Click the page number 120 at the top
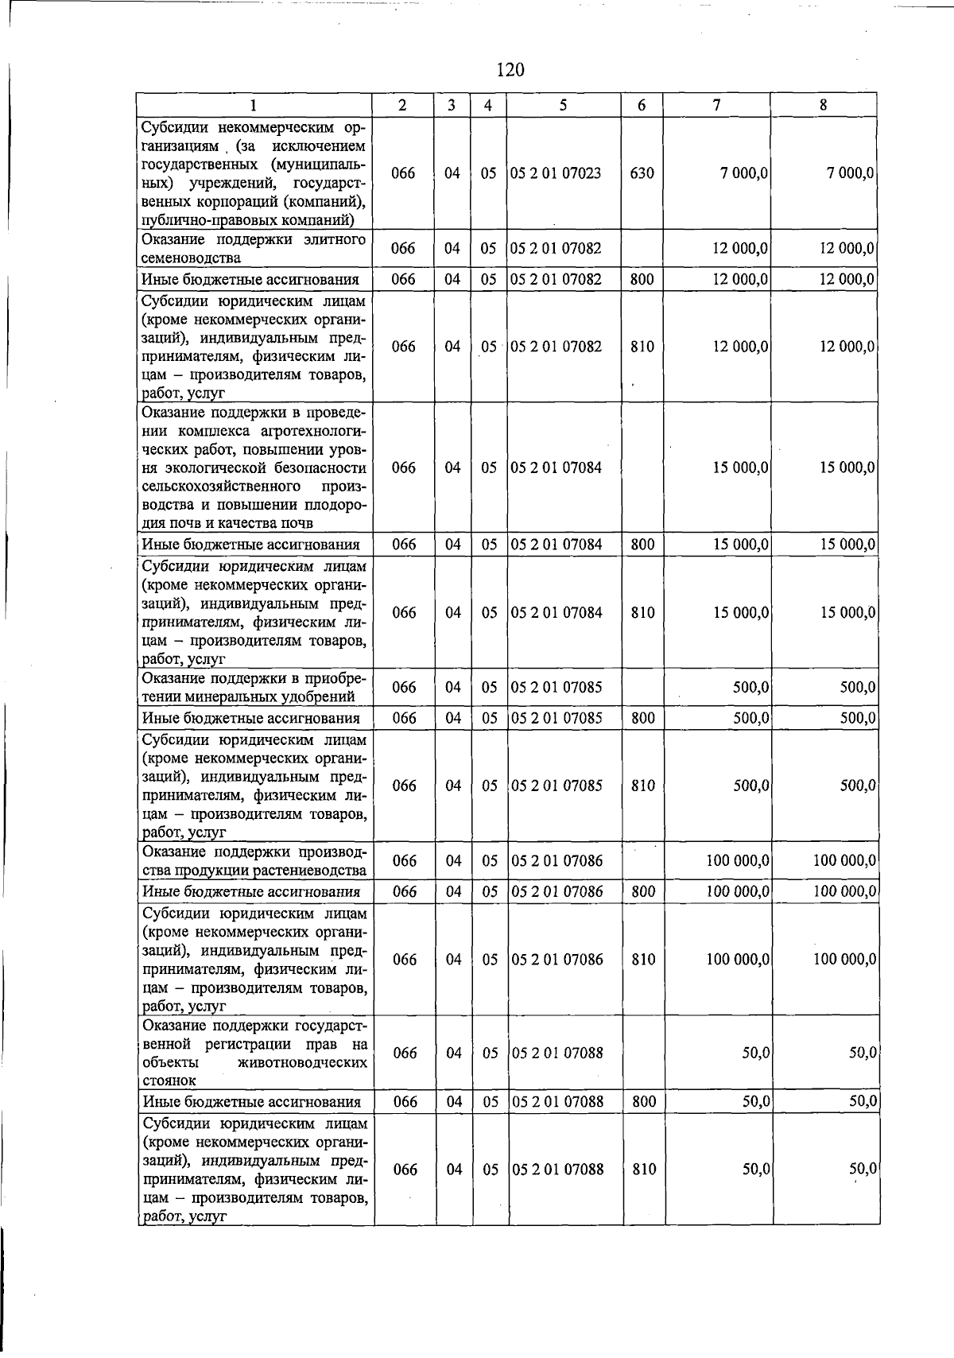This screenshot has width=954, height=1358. point(510,70)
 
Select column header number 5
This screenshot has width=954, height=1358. point(563,105)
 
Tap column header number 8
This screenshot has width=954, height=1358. point(824,105)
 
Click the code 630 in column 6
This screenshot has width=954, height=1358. point(642,173)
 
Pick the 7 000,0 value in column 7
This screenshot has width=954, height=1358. point(744,173)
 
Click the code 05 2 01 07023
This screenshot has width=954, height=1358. point(556,173)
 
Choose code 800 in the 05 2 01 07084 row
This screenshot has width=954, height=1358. point(642,545)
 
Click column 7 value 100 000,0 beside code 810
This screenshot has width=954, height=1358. point(737,960)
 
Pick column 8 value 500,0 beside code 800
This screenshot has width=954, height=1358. point(858,718)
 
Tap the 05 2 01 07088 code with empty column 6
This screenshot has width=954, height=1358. point(557,1053)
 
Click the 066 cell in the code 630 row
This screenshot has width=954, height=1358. point(404,173)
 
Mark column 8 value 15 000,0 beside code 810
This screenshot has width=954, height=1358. point(847,612)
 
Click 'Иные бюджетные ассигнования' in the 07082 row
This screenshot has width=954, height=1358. point(250,279)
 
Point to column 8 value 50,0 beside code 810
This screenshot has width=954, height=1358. point(862,1169)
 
